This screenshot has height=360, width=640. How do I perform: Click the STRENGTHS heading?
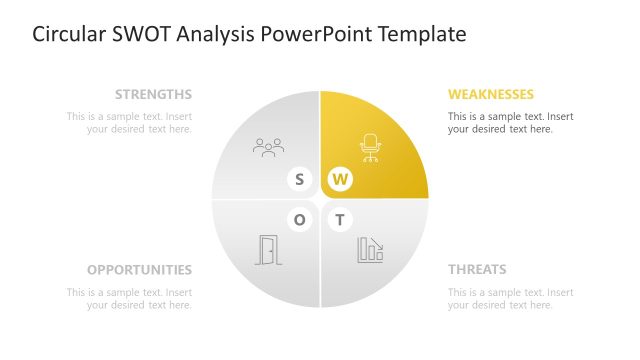pos(153,95)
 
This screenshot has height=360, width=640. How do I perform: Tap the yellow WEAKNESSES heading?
pos(491,95)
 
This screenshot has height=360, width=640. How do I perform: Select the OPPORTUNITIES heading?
pos(139,270)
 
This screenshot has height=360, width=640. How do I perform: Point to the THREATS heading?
pos(477,270)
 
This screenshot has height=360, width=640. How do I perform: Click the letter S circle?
pos(299,180)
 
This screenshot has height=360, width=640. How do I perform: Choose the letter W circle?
pos(340,180)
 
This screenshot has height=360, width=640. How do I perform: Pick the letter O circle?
pos(299,220)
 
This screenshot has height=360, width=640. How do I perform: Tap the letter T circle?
pos(340,220)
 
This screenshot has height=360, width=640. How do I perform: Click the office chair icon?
pos(370,148)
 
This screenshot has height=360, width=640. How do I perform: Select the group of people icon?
pos(268,148)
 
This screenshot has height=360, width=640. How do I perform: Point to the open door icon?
pos(268,250)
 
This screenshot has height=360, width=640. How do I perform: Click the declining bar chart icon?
pos(370,250)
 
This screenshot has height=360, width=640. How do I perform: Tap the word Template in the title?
pos(420,35)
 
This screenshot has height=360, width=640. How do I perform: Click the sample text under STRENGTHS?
pos(129,123)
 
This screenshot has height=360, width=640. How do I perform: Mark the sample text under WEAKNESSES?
pos(510,123)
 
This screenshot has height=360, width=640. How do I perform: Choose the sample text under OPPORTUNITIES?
pos(129,298)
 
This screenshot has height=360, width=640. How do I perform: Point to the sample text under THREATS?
pos(510,298)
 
